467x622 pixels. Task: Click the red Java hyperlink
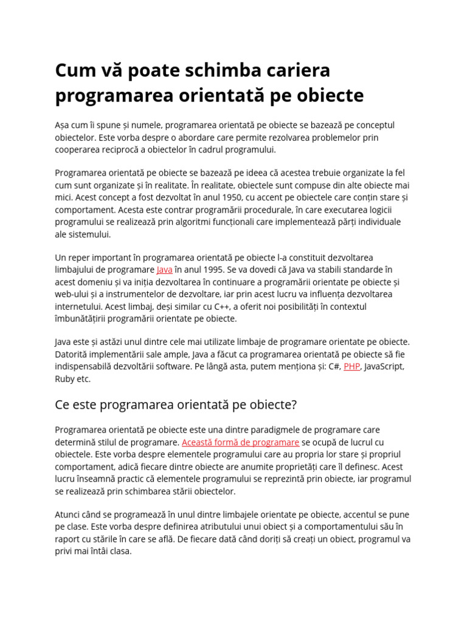(164, 270)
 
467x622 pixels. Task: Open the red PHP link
(351, 367)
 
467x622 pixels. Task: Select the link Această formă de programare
(240, 442)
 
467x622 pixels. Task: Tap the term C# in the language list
(332, 367)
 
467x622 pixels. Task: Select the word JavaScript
(384, 367)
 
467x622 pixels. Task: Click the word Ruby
(65, 379)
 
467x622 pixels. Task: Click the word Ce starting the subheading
(64, 405)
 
